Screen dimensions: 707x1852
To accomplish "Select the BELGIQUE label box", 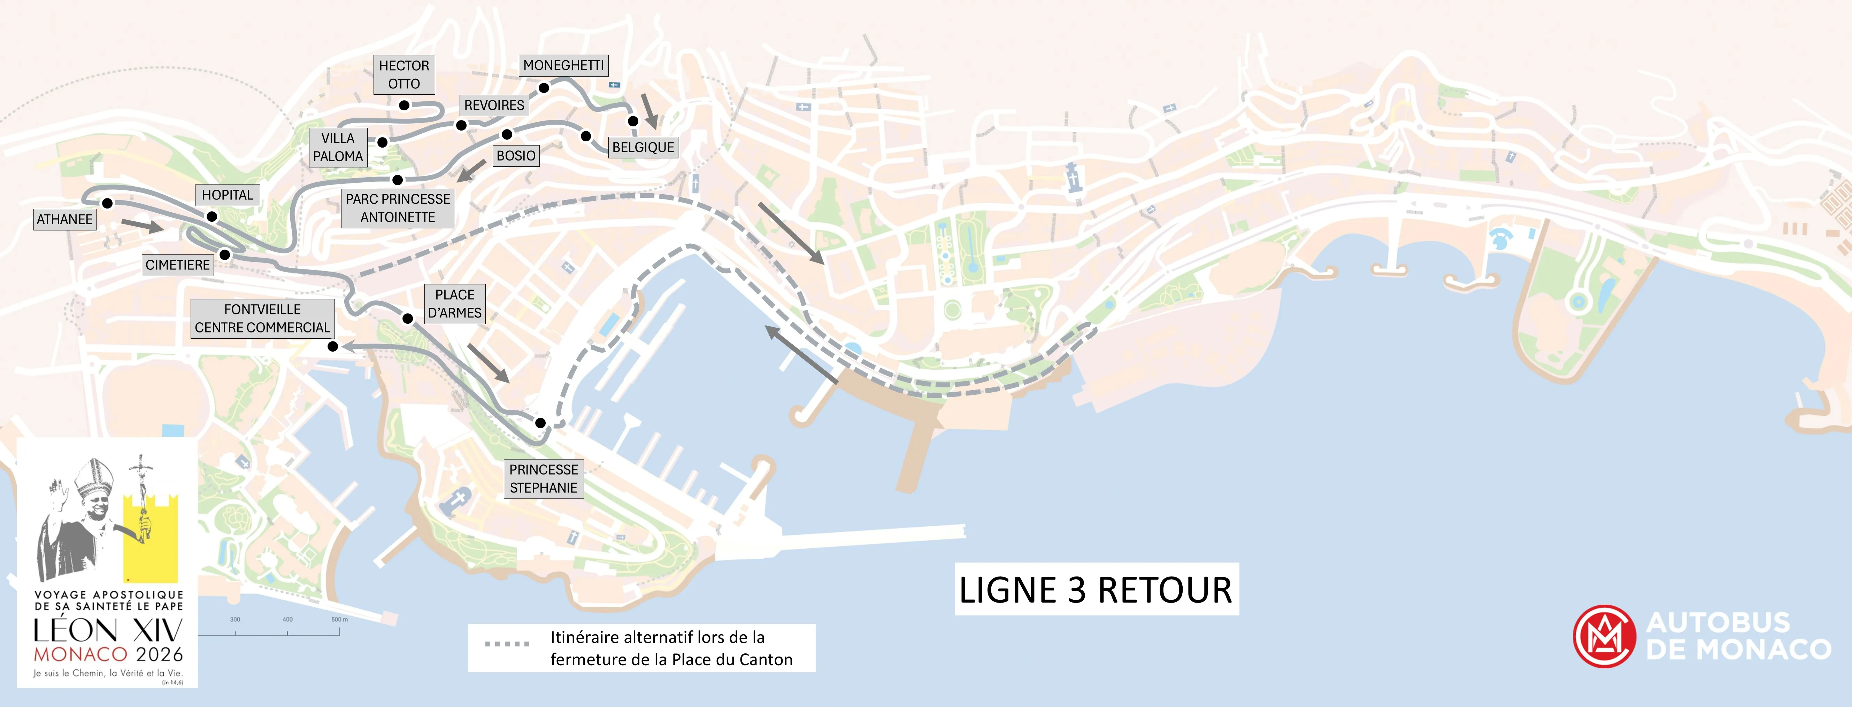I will click(643, 147).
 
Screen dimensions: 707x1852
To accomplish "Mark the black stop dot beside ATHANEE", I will click(107, 203).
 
